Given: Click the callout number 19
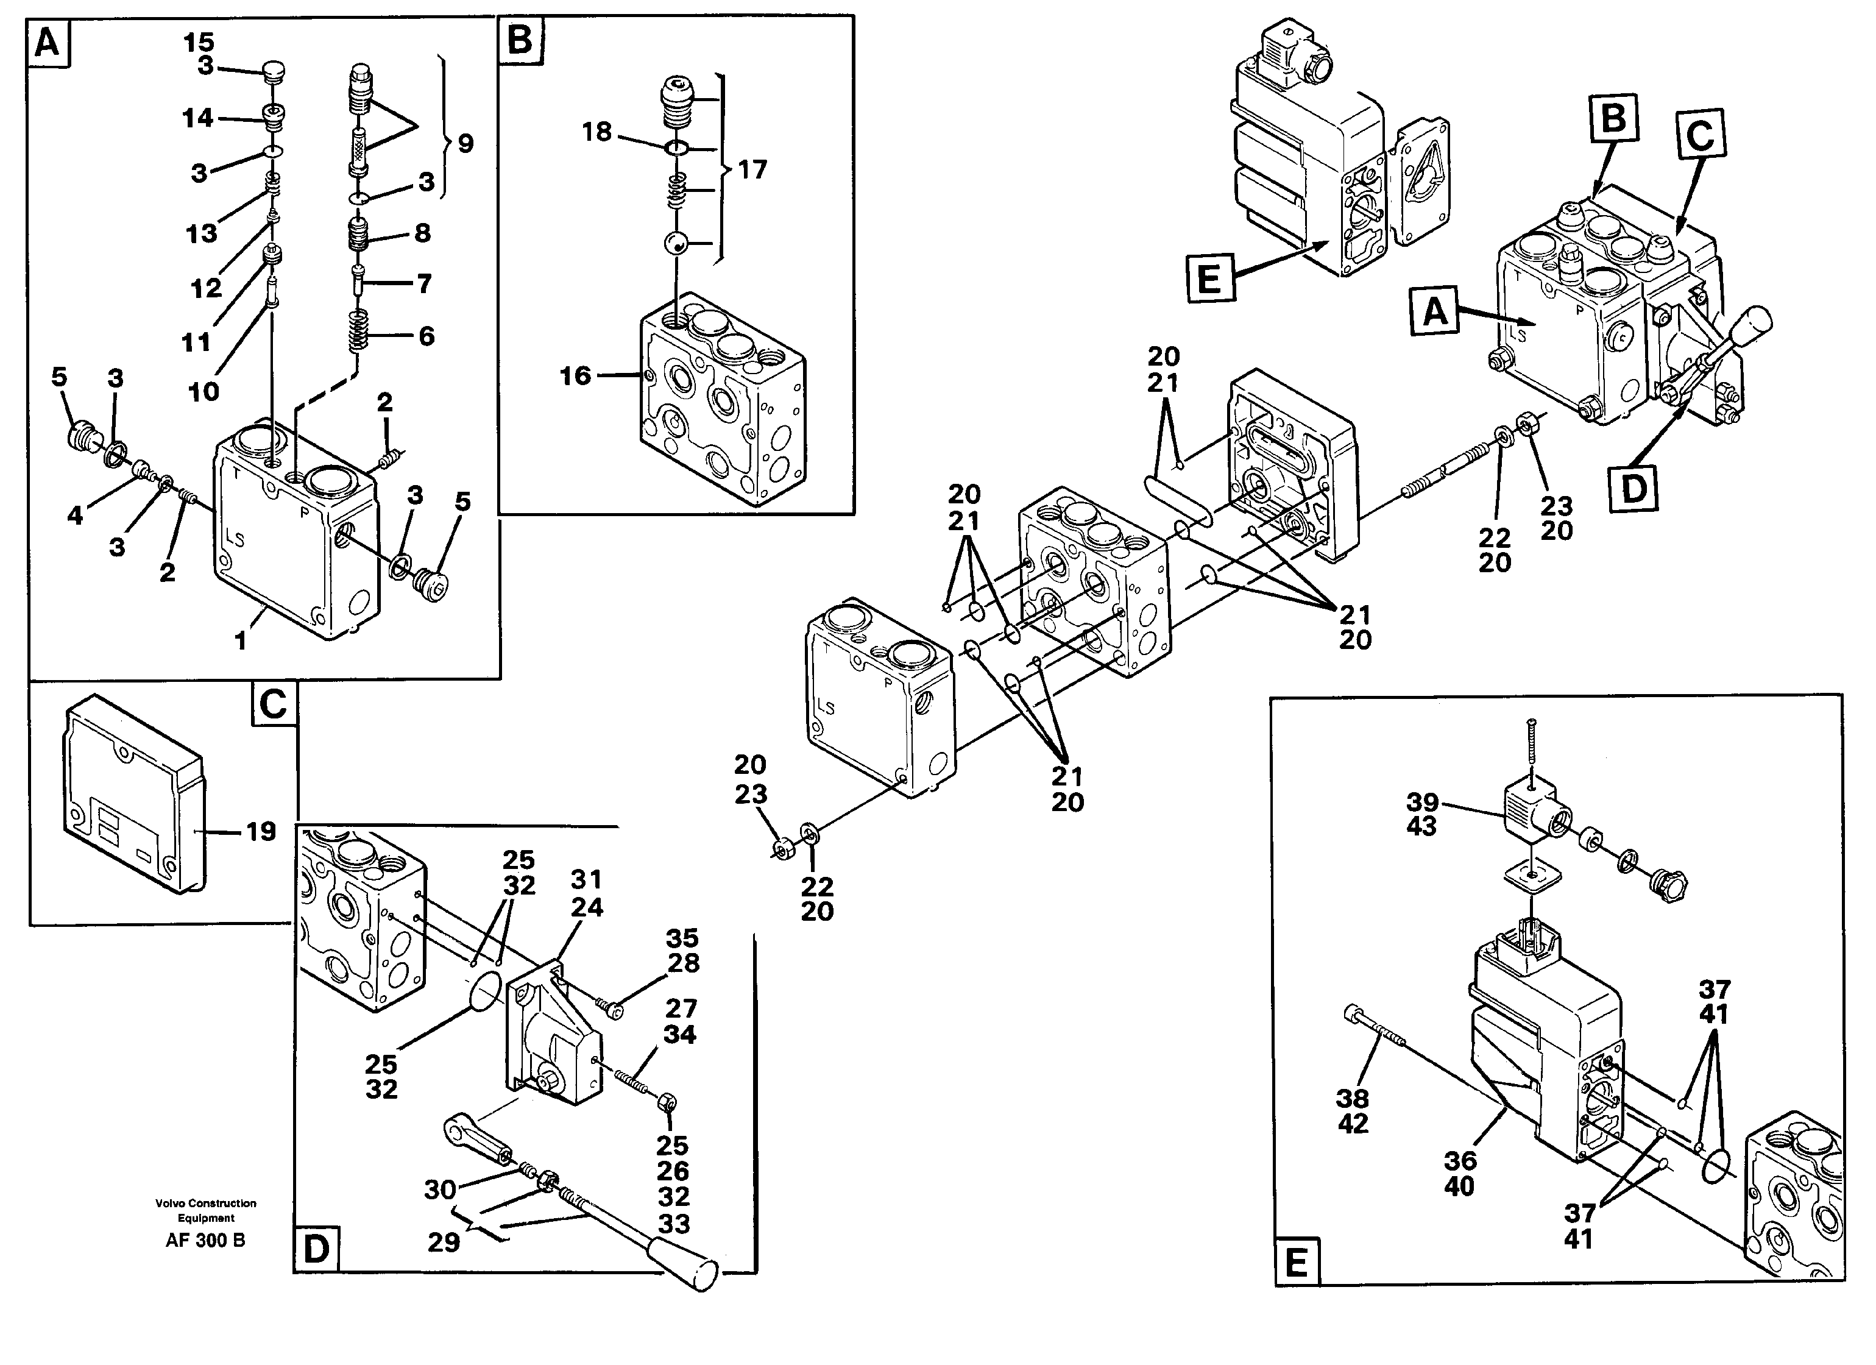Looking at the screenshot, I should click(x=261, y=831).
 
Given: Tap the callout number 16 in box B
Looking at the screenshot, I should click(x=576, y=377).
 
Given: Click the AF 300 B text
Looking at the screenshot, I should click(x=205, y=1240).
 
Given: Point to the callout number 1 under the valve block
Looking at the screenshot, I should click(x=241, y=641).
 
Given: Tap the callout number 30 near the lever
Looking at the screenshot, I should click(x=440, y=1189).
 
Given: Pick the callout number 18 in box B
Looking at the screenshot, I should click(x=596, y=132).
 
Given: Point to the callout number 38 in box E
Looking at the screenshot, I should click(x=1353, y=1099).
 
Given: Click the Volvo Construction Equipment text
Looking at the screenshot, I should click(x=206, y=1210).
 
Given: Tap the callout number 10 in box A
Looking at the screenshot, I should click(x=204, y=391).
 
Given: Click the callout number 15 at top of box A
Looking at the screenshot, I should click(x=199, y=41).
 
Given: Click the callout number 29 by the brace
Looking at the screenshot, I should click(x=444, y=1243).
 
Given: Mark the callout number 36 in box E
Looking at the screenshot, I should click(x=1460, y=1161).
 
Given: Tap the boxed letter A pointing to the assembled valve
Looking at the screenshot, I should click(x=1435, y=313).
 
